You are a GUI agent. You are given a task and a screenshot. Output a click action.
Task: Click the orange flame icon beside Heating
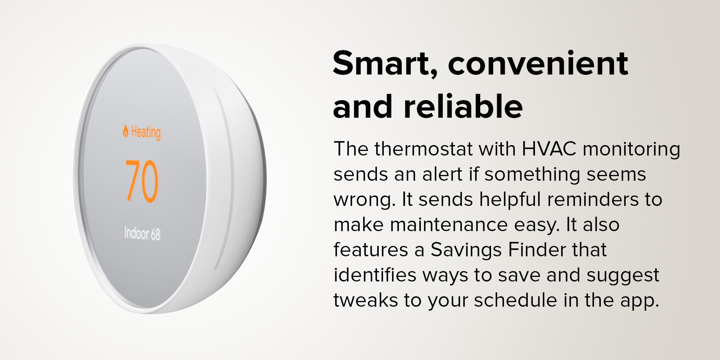(x=125, y=131)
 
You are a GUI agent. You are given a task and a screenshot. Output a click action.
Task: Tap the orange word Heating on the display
(x=146, y=132)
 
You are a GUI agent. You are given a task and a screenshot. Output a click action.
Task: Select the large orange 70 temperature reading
(x=142, y=181)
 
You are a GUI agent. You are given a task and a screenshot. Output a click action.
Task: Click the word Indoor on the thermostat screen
(x=136, y=233)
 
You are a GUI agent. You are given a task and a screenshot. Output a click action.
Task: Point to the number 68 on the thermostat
(x=156, y=235)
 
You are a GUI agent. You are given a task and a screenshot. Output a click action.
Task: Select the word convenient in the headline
(x=538, y=63)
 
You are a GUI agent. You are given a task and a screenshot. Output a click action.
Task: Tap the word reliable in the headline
(x=463, y=106)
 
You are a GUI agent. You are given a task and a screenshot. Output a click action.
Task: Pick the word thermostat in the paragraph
(x=423, y=149)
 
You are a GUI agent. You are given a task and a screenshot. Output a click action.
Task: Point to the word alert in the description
(x=442, y=174)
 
